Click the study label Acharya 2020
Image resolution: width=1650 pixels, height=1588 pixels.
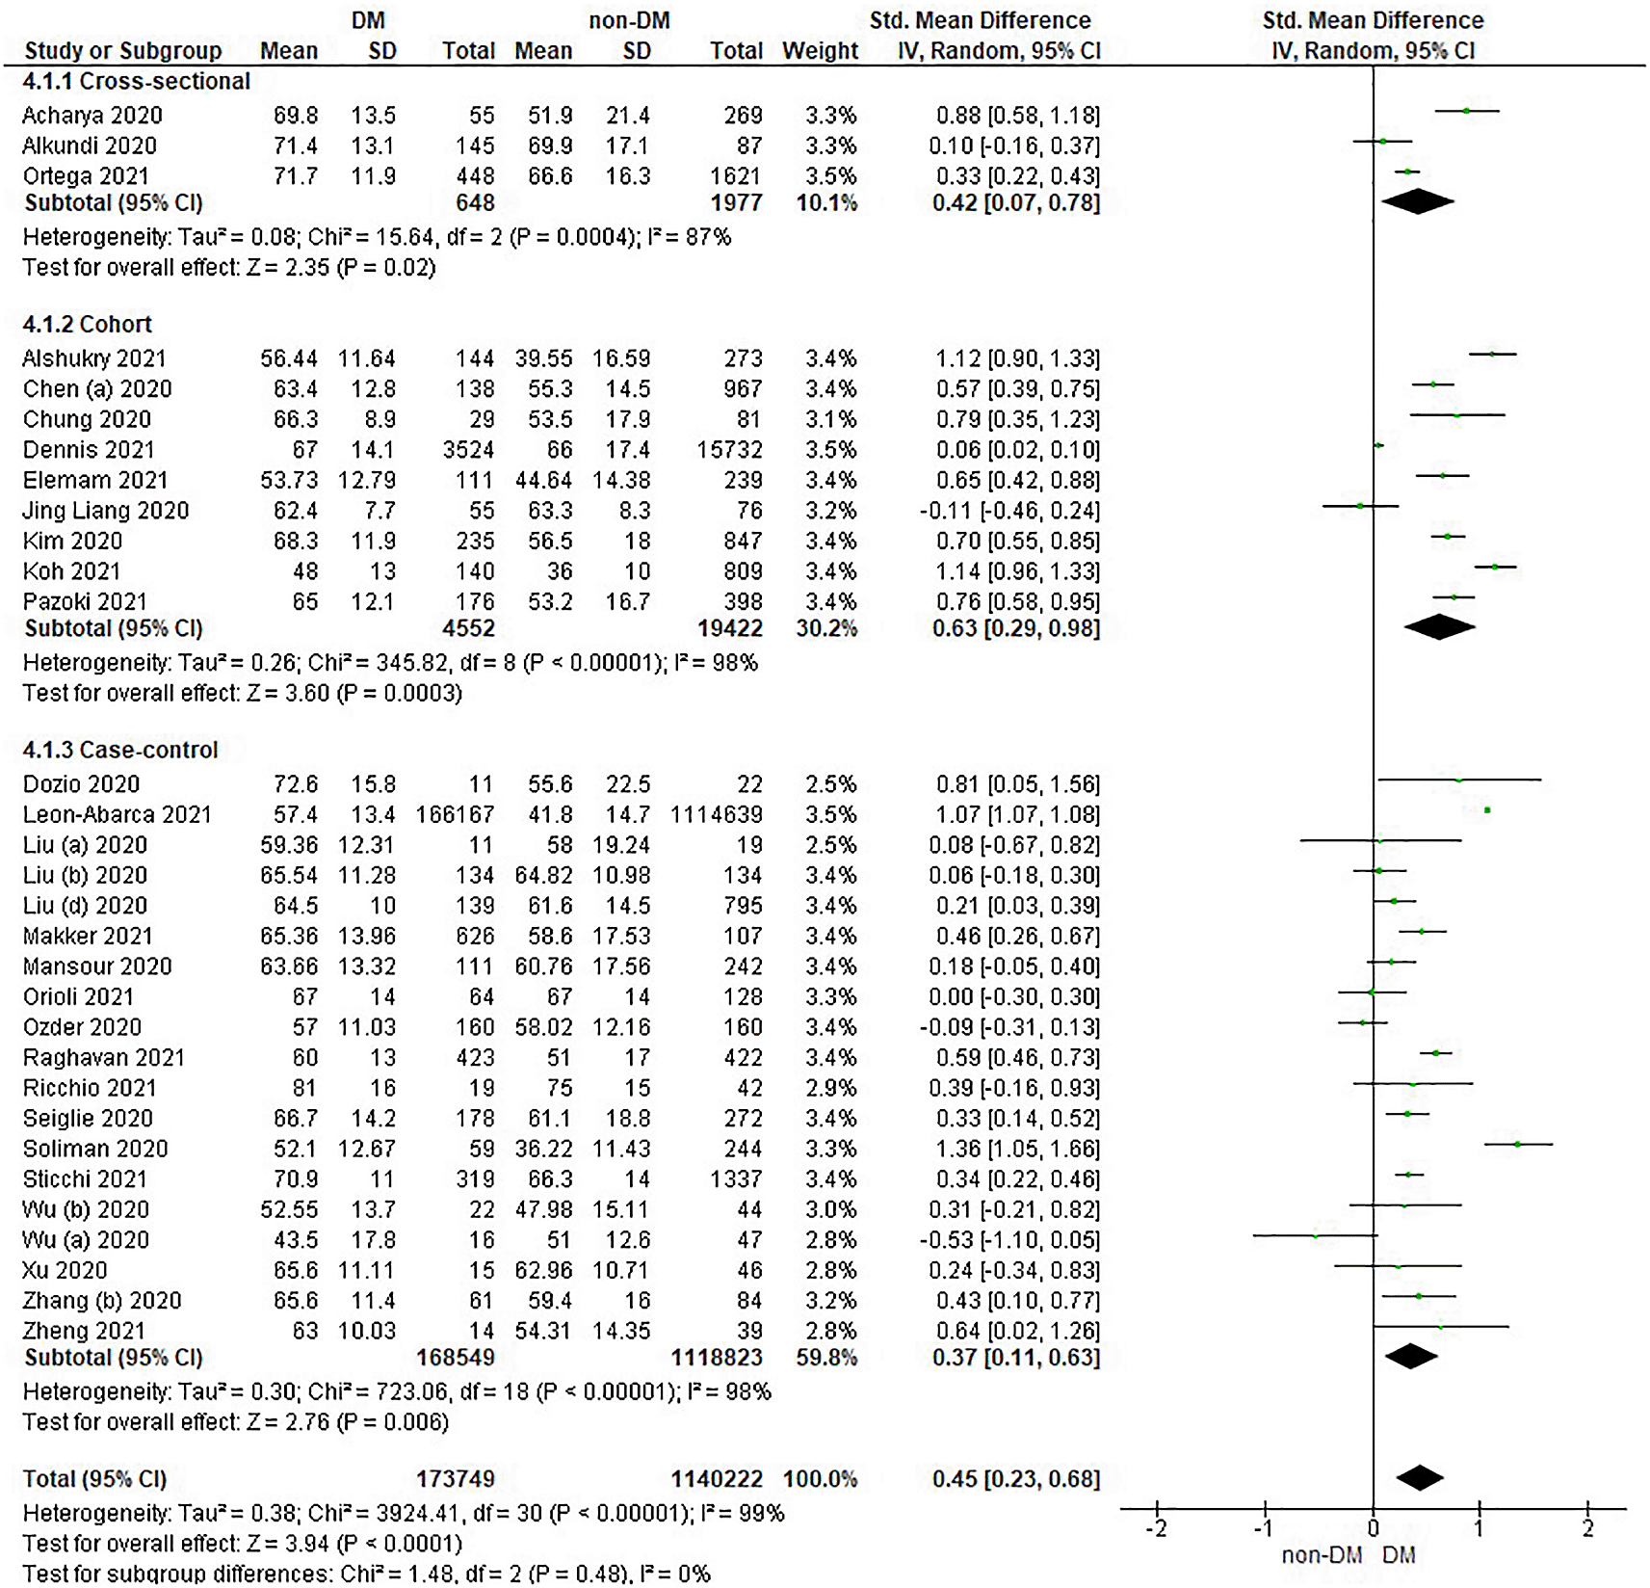(x=92, y=116)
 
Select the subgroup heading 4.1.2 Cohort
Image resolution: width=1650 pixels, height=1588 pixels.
(x=88, y=324)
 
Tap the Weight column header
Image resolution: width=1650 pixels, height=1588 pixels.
(x=820, y=51)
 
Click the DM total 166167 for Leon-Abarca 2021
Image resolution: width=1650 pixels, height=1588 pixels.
(x=455, y=814)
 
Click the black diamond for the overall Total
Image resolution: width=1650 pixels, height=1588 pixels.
(x=1420, y=1478)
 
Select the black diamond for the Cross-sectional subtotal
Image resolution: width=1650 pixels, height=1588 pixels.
(x=1418, y=201)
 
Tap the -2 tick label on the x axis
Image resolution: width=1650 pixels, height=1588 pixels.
(x=1157, y=1528)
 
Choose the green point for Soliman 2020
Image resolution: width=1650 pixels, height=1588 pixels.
(x=1518, y=1144)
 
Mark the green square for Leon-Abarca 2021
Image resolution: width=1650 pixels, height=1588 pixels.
(x=1487, y=810)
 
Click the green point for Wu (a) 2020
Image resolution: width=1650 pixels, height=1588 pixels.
(x=1316, y=1235)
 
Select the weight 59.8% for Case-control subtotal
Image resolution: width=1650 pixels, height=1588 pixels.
(x=826, y=1357)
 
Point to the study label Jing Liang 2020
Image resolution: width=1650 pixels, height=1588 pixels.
(x=106, y=511)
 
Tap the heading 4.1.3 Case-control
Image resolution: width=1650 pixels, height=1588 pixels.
(x=120, y=750)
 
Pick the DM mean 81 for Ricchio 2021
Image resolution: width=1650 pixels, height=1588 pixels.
(x=304, y=1088)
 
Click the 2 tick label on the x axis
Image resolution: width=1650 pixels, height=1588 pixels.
(x=1588, y=1528)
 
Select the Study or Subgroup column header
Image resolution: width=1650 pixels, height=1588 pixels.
(x=123, y=51)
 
